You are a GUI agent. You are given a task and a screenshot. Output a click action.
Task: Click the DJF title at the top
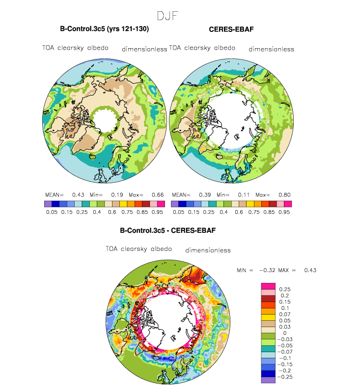[167, 16]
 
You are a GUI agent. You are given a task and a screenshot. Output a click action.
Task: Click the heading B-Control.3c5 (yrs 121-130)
[105, 29]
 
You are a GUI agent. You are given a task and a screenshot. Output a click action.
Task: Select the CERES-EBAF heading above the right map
[231, 29]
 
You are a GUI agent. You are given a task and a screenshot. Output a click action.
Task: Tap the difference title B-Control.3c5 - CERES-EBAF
[168, 230]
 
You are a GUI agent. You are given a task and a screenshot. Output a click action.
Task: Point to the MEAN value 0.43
[78, 195]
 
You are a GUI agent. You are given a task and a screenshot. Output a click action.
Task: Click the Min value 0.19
[117, 195]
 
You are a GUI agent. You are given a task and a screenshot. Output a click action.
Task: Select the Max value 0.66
[158, 195]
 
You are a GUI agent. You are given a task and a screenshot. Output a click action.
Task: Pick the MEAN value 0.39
[205, 195]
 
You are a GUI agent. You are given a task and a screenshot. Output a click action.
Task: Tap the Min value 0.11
[244, 195]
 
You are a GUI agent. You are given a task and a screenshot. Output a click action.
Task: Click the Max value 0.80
[284, 195]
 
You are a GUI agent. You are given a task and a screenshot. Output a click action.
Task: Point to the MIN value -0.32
[267, 270]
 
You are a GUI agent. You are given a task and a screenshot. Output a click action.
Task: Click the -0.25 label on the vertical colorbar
[285, 377]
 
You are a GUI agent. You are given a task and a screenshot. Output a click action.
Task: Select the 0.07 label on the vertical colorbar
[285, 314]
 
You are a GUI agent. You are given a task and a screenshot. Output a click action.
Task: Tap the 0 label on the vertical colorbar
[285, 333]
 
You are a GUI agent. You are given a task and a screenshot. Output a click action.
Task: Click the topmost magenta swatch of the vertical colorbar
[268, 286]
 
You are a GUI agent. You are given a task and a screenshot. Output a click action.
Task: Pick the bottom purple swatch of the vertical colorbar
[268, 380]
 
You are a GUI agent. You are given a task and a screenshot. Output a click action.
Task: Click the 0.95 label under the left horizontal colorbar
[157, 212]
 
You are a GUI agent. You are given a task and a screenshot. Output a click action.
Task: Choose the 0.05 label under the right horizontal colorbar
[178, 212]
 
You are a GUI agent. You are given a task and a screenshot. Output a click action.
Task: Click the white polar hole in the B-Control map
[105, 121]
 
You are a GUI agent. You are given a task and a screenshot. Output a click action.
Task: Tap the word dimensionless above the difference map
[208, 250]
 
